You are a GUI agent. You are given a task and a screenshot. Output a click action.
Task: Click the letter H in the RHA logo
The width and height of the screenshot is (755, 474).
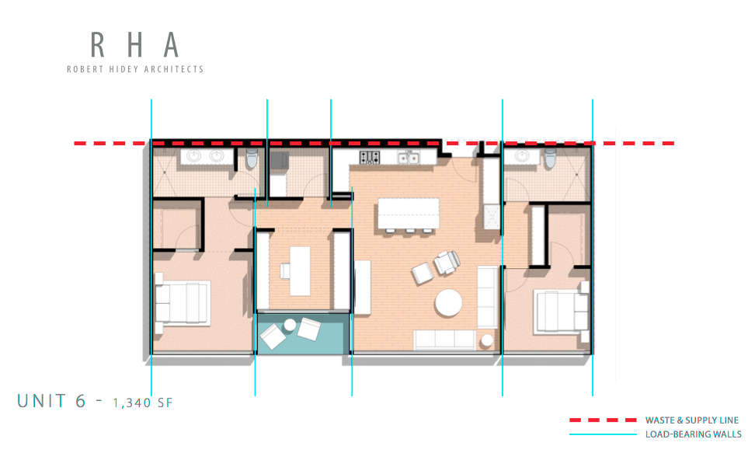click(x=134, y=45)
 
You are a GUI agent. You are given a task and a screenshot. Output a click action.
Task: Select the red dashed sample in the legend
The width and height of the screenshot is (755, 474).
click(x=602, y=420)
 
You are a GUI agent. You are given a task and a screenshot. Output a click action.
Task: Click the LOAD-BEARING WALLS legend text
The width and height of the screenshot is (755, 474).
click(x=693, y=434)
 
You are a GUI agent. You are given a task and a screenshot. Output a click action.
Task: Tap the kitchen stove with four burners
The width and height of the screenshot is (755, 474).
click(x=368, y=158)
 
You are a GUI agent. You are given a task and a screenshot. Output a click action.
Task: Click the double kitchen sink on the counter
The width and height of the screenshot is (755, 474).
click(x=409, y=159)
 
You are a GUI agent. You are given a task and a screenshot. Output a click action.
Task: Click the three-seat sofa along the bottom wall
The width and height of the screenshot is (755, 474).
click(x=444, y=339)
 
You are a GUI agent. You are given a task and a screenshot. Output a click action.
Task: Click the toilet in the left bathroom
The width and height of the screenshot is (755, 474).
click(x=251, y=160)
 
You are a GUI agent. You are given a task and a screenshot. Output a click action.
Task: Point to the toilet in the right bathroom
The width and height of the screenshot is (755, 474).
click(x=550, y=159)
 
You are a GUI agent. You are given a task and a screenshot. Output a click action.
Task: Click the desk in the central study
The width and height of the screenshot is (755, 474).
click(x=299, y=270)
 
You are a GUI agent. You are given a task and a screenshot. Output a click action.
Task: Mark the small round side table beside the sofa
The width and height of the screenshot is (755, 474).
click(x=487, y=340)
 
